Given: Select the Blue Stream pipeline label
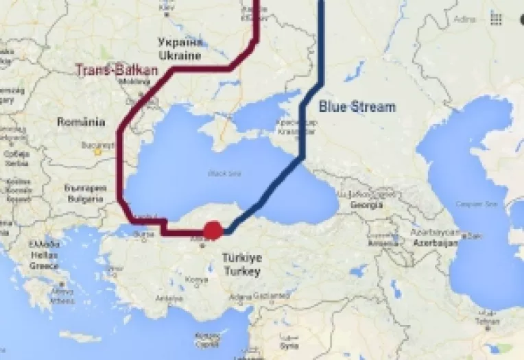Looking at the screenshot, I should pos(357,107).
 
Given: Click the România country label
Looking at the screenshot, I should pos(81,123).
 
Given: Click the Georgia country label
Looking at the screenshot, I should pos(366,204).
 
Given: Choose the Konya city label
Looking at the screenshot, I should pos(197,280).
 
